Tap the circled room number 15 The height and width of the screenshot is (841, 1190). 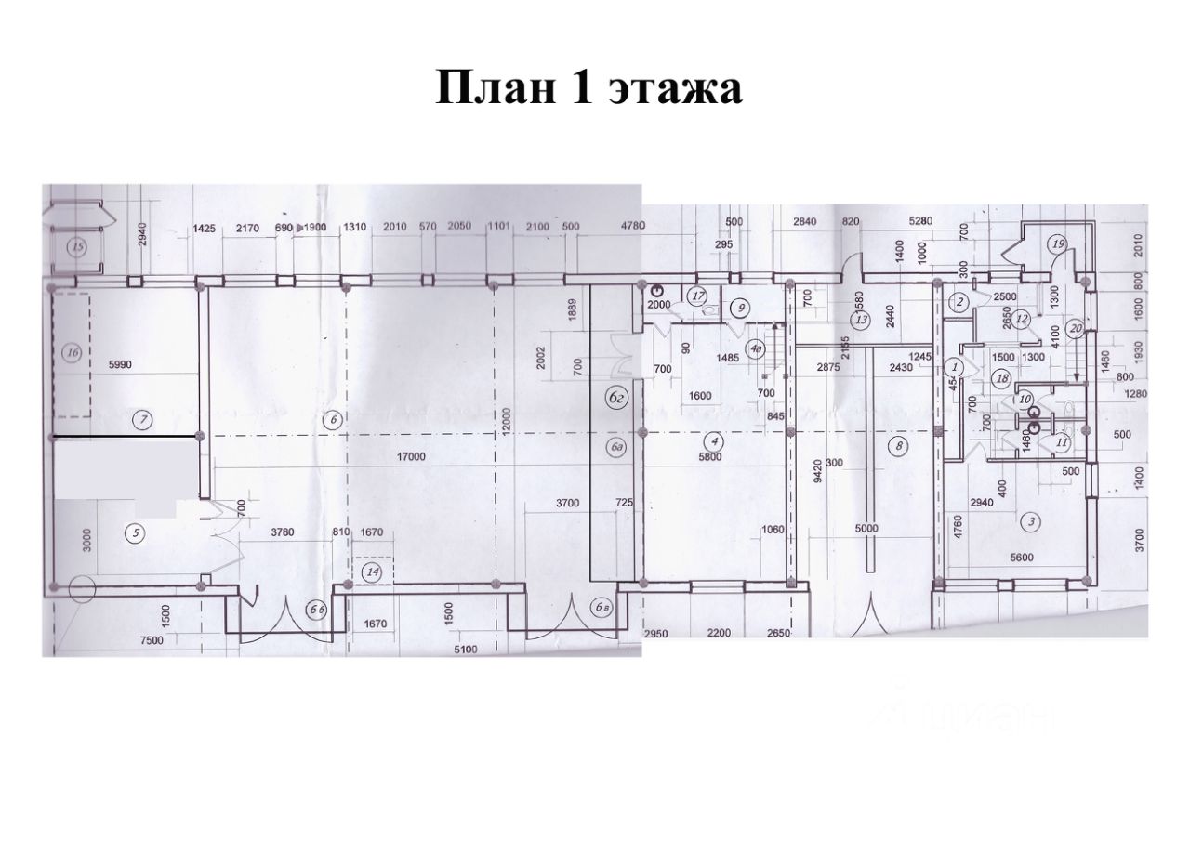click(x=78, y=247)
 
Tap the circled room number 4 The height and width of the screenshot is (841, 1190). click(x=713, y=440)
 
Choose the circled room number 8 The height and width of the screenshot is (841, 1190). click(x=898, y=447)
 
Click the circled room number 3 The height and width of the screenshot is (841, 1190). click(x=1031, y=521)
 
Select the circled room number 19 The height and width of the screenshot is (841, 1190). click(x=1057, y=244)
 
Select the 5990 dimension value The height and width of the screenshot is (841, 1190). click(x=123, y=365)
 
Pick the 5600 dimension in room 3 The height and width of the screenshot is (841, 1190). click(x=1030, y=561)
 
